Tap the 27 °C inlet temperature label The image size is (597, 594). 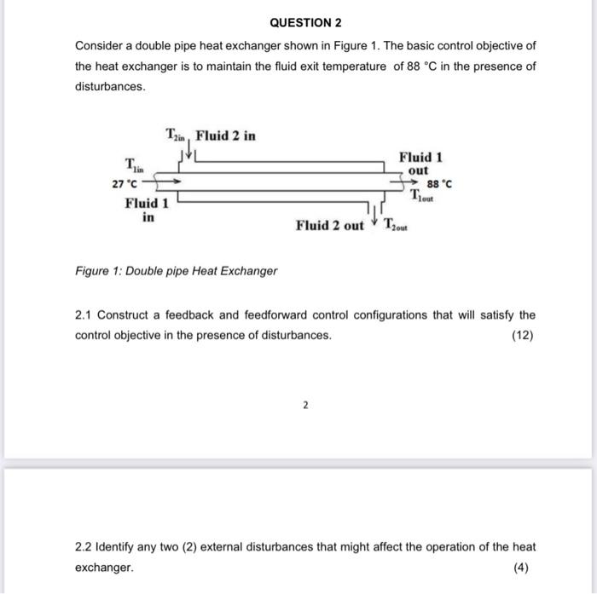(125, 182)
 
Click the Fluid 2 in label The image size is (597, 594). (225, 136)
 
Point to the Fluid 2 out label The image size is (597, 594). (329, 226)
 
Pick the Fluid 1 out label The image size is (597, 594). (420, 164)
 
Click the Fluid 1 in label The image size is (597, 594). (147, 210)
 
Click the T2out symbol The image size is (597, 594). (396, 226)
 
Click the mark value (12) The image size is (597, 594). (523, 335)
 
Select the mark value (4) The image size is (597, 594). (523, 567)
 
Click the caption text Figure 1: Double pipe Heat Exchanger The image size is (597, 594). (176, 271)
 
